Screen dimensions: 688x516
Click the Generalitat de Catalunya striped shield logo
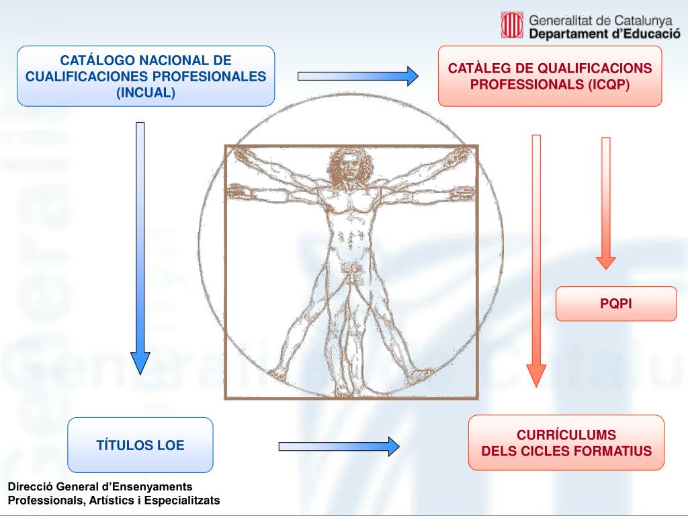(x=513, y=26)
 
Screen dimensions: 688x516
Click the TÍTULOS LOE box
(x=140, y=445)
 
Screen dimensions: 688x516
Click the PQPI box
(x=616, y=304)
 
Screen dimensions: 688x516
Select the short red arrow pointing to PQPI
(x=606, y=202)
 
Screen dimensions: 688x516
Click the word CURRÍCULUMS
(x=566, y=435)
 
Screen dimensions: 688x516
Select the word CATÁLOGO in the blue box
(x=95, y=61)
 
